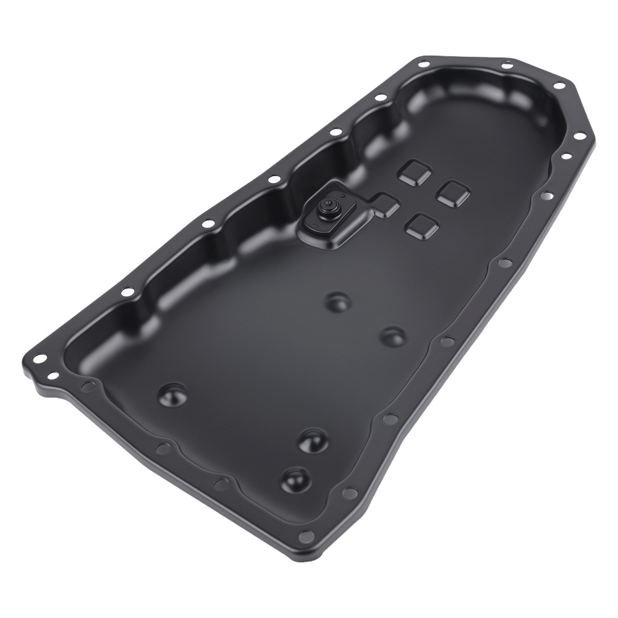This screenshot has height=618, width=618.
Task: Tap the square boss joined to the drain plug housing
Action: [385, 205]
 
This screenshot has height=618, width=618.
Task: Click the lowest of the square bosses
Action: [423, 226]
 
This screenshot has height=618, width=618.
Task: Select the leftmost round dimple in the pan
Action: [172, 394]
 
